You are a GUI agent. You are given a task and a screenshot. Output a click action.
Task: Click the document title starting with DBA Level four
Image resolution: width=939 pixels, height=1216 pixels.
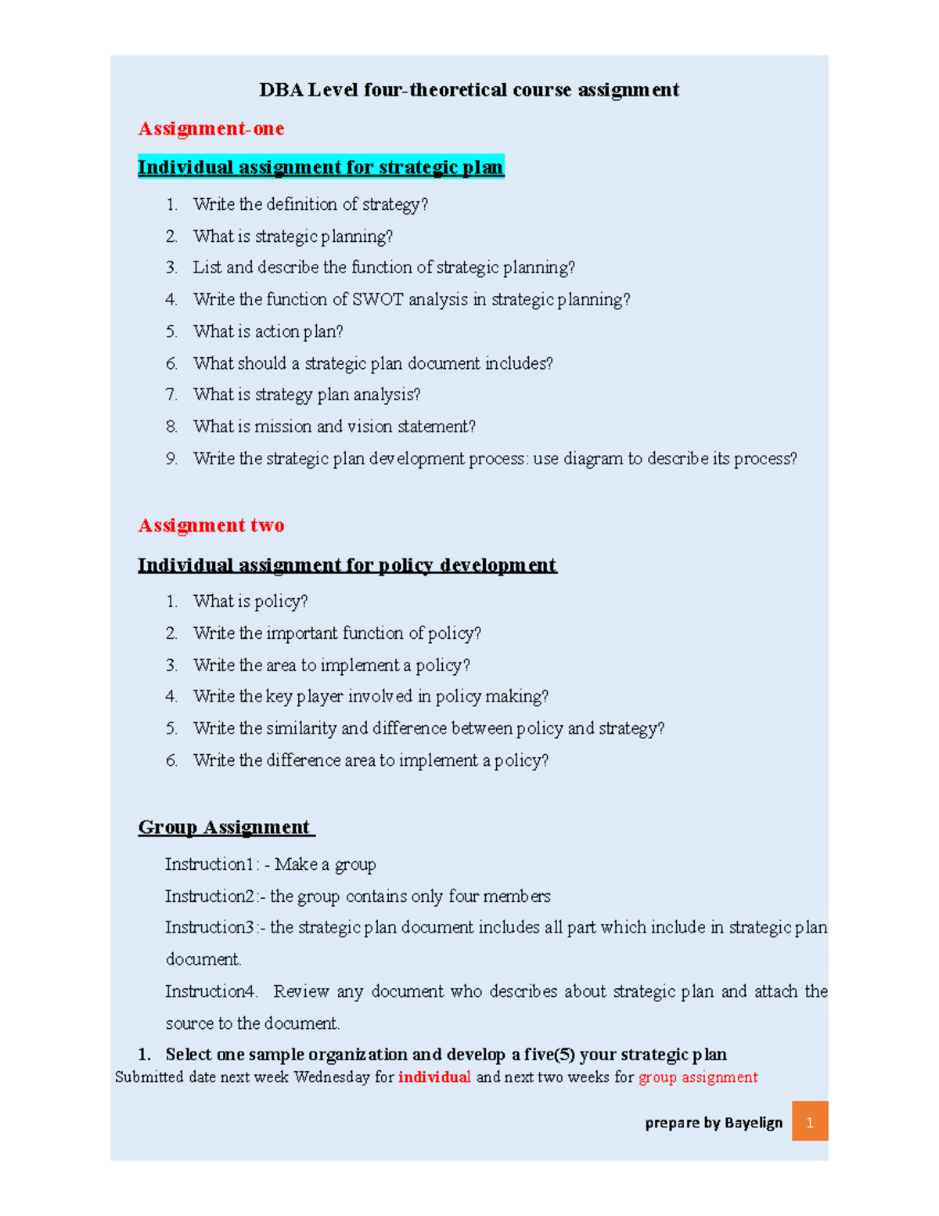[x=469, y=90]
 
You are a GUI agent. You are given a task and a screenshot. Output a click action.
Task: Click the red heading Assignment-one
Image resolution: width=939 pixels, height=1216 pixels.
[x=210, y=128]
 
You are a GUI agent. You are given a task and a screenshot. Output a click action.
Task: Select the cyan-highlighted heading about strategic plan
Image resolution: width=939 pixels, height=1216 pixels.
[x=321, y=167]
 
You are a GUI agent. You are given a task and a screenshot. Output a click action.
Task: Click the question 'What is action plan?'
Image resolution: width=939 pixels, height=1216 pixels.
[x=268, y=331]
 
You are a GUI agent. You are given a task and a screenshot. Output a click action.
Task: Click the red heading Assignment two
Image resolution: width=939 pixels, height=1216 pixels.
[x=210, y=525]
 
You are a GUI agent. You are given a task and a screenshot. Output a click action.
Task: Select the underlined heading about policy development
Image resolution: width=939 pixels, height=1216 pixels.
[x=347, y=565]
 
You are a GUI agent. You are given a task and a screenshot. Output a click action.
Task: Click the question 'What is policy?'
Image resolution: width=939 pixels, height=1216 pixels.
[x=250, y=601]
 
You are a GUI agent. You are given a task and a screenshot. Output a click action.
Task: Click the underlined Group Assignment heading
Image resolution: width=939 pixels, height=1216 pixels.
[x=225, y=828]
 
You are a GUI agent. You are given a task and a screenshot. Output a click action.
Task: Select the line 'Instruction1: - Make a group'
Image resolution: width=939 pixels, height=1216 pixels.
[x=270, y=864]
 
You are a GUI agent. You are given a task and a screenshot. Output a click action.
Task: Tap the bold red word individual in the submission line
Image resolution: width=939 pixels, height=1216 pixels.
[x=434, y=1077]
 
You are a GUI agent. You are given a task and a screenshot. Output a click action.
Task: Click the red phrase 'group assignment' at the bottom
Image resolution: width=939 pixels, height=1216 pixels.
[x=698, y=1077]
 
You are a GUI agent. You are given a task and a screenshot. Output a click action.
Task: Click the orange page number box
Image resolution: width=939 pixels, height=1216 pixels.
[x=809, y=1122]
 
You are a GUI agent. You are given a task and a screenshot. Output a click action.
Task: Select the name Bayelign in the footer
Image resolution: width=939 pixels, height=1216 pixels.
[x=753, y=1123]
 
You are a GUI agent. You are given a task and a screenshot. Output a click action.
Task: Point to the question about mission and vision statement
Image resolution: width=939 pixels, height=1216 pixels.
[x=334, y=427]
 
